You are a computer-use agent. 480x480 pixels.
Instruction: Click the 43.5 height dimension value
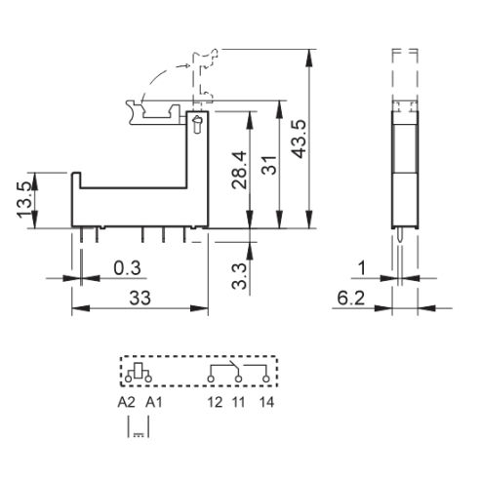[299, 139]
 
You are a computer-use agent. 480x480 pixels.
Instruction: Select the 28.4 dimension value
[239, 170]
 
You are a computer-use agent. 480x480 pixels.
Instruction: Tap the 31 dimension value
[269, 165]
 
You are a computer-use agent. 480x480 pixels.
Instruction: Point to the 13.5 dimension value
[25, 200]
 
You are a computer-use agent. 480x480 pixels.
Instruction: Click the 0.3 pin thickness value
[127, 268]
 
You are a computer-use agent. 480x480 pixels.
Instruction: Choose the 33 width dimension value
[140, 298]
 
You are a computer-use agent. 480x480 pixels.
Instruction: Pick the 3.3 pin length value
[239, 276]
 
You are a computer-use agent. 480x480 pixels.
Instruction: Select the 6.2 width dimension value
[351, 298]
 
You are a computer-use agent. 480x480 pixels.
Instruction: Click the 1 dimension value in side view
[362, 268]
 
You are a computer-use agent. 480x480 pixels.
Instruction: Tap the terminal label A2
[126, 402]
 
